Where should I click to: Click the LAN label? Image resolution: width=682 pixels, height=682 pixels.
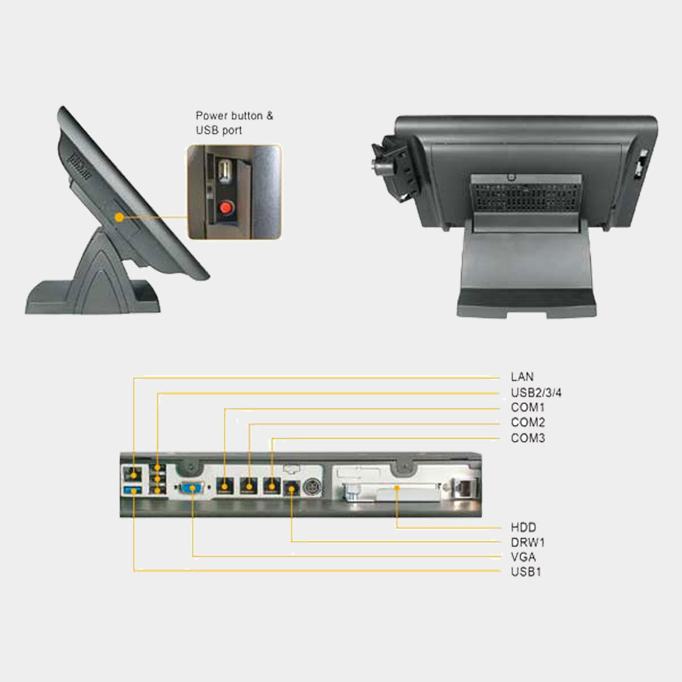[522, 377]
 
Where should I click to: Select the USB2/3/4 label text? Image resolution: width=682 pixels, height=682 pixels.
[536, 393]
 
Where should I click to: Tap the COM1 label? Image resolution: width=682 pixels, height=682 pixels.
[527, 408]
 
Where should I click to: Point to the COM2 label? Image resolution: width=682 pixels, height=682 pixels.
[527, 422]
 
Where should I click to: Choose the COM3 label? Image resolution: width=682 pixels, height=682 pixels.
[527, 437]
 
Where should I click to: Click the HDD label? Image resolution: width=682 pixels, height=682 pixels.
[523, 527]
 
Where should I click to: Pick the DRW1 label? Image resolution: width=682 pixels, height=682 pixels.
[527, 543]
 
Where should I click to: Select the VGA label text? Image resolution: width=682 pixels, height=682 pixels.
[523, 557]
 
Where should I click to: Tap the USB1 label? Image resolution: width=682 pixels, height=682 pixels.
[526, 572]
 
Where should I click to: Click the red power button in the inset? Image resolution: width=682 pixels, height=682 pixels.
[226, 208]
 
